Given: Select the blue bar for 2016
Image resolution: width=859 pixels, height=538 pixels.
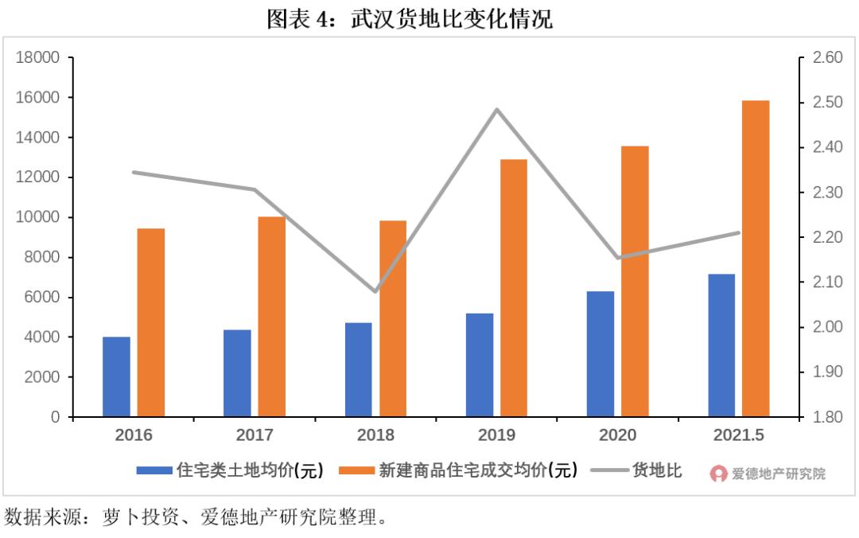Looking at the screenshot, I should (x=116, y=376).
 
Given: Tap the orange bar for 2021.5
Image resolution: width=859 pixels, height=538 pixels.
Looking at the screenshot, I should (x=756, y=259).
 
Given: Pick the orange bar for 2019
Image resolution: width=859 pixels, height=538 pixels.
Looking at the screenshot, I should (x=513, y=288).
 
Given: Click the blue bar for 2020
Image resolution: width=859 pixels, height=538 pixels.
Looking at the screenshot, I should (x=600, y=354).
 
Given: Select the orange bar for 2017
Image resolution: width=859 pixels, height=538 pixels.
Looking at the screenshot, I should (x=271, y=317).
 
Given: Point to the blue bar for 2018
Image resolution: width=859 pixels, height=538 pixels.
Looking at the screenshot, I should (x=358, y=369).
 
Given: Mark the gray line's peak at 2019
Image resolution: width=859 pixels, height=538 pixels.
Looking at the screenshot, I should (x=497, y=109).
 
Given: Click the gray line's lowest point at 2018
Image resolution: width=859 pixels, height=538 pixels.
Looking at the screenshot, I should (x=375, y=291).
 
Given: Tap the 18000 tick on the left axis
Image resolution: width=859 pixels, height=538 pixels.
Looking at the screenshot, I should (x=39, y=58).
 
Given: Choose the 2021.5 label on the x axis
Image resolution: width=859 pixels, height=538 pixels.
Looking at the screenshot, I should (x=739, y=435).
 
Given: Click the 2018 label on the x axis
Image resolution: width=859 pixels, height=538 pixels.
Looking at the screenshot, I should (x=375, y=435).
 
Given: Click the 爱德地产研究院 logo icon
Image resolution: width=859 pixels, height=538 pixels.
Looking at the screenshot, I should (x=719, y=474).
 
